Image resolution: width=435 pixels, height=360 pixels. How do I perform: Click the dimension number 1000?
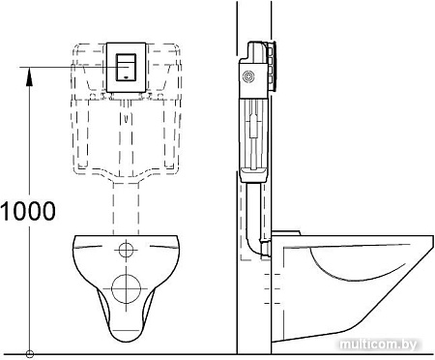pos(28,208)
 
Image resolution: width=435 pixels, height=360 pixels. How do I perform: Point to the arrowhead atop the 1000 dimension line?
pos(31,71)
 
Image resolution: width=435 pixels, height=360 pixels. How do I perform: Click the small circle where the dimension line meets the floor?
pos(31,352)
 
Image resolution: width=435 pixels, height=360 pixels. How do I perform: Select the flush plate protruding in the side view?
pos(275,68)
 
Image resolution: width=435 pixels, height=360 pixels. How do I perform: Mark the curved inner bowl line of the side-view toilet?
pos(358,266)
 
